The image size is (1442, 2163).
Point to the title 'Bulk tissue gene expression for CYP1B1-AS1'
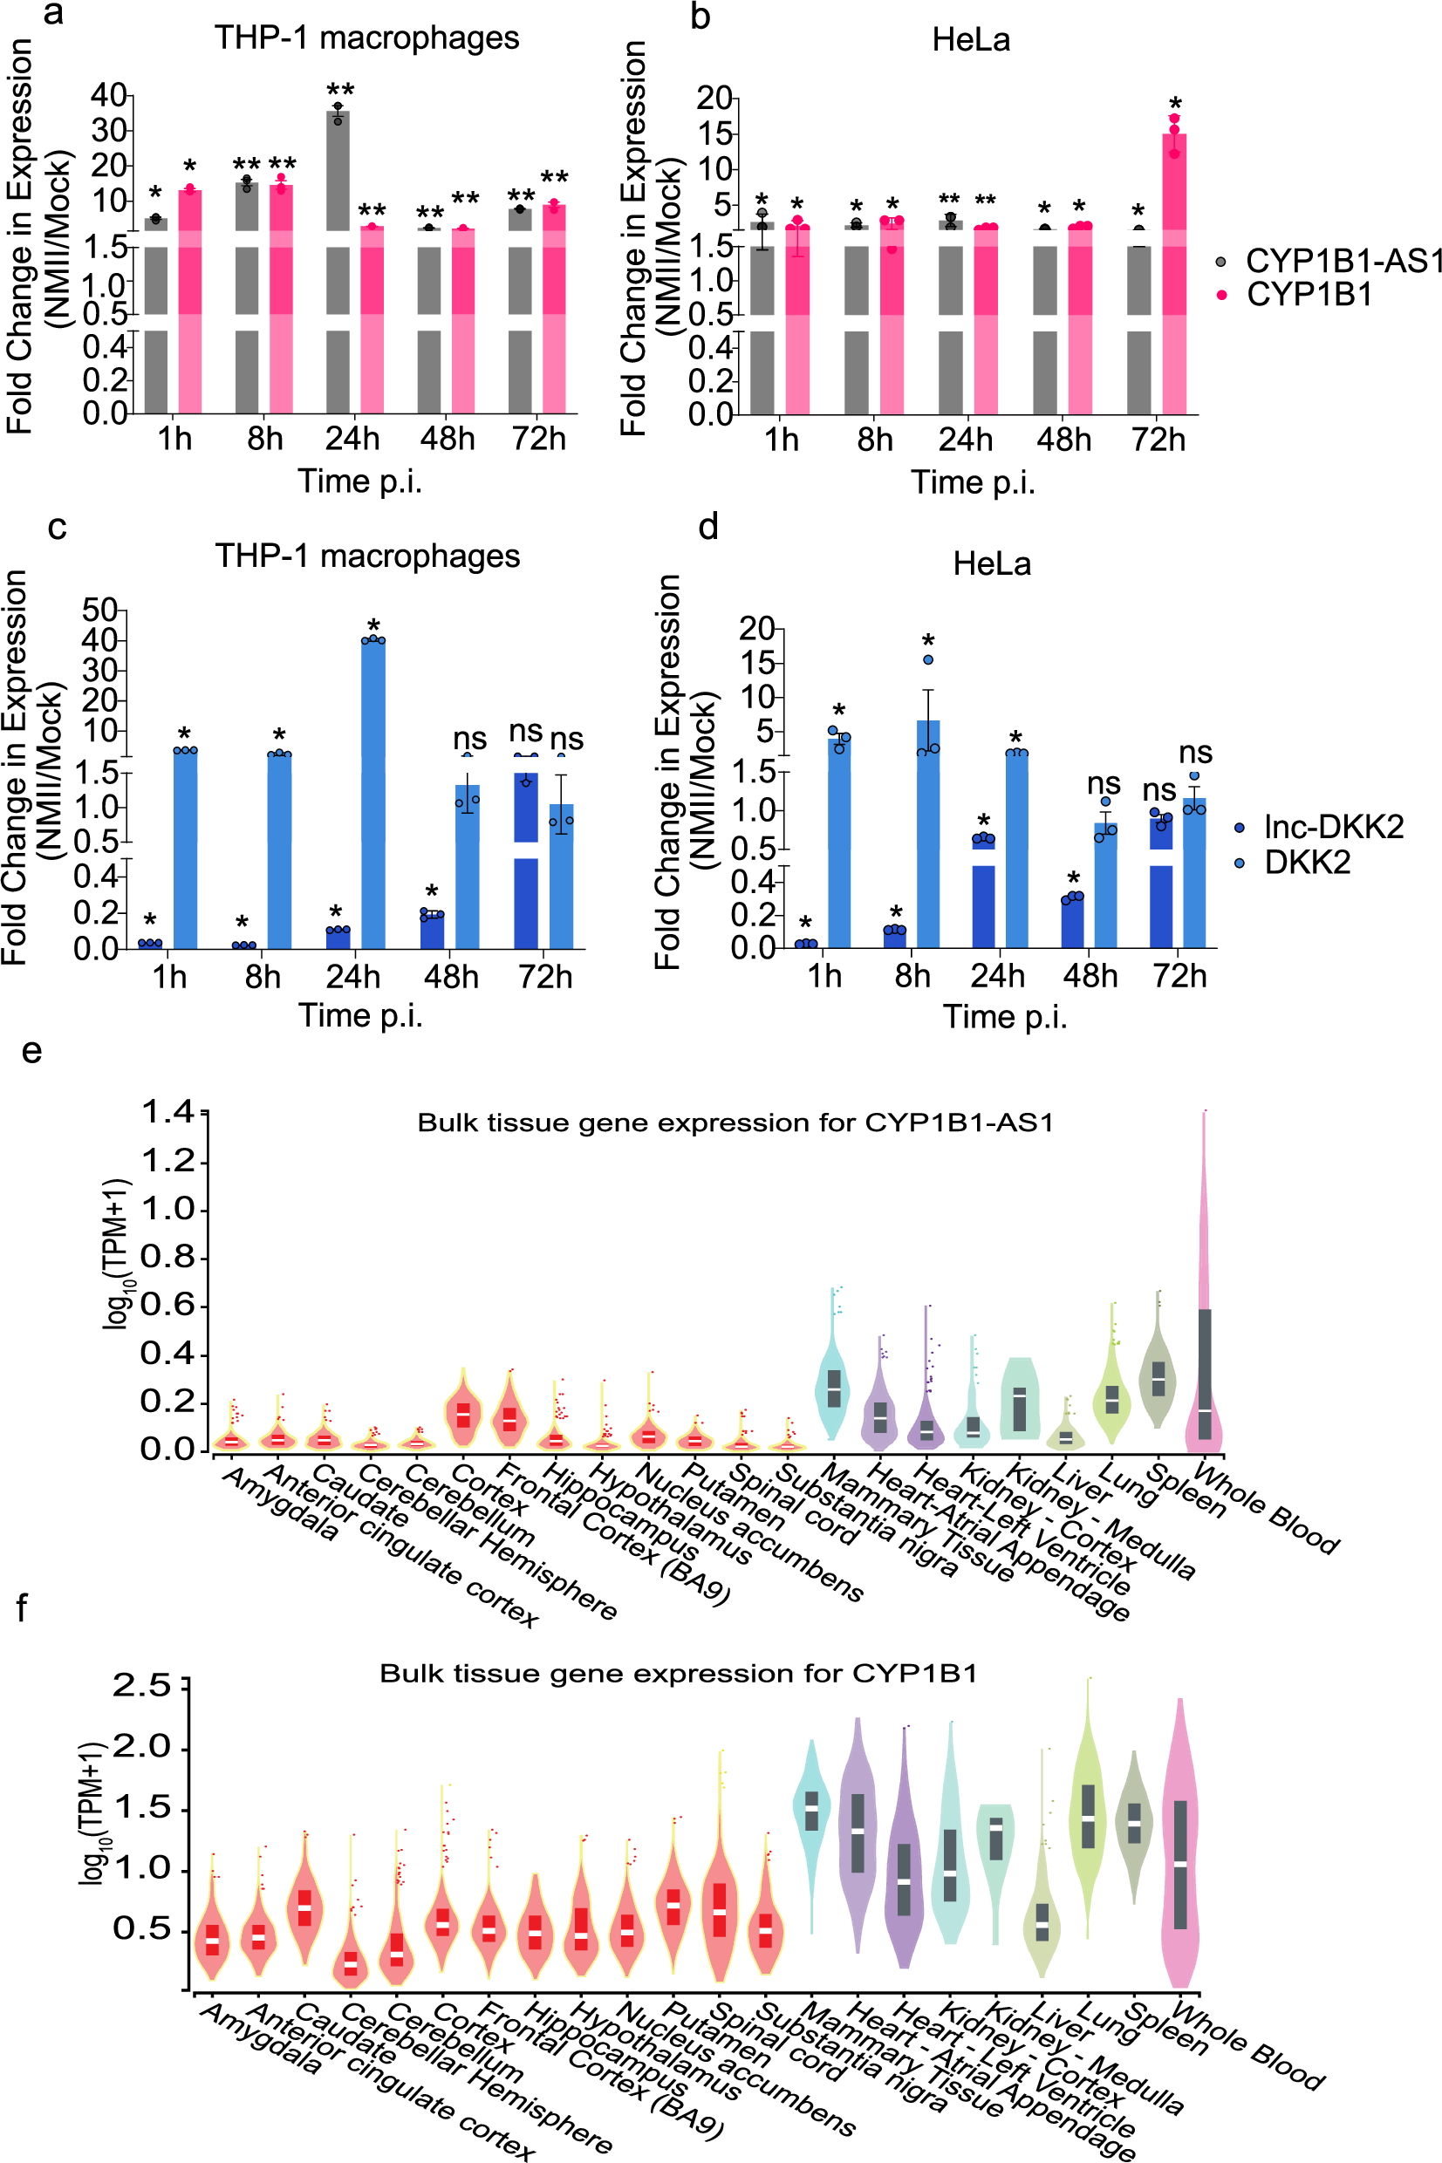735,1122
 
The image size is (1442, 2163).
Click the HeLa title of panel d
991,563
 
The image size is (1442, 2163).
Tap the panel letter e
32,1049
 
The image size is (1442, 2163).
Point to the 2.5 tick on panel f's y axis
141,1685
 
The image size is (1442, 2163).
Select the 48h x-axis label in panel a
447,440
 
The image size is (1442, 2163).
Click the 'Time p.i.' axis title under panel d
1004,1017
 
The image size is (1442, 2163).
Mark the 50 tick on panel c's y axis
99,610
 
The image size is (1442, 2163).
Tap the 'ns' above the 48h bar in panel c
469,738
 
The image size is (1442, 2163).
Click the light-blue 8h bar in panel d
928,828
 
